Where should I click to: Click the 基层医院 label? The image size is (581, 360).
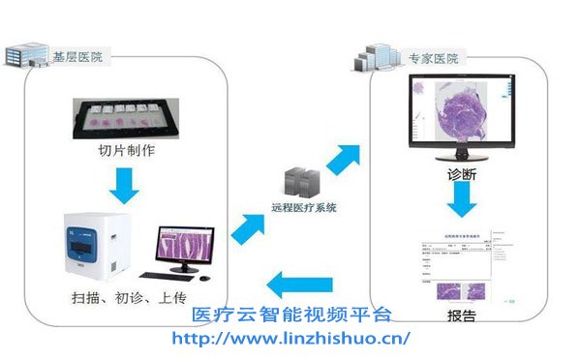click(76, 57)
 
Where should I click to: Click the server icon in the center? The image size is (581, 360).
click(295, 184)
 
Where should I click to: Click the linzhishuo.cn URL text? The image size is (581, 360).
click(290, 338)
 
